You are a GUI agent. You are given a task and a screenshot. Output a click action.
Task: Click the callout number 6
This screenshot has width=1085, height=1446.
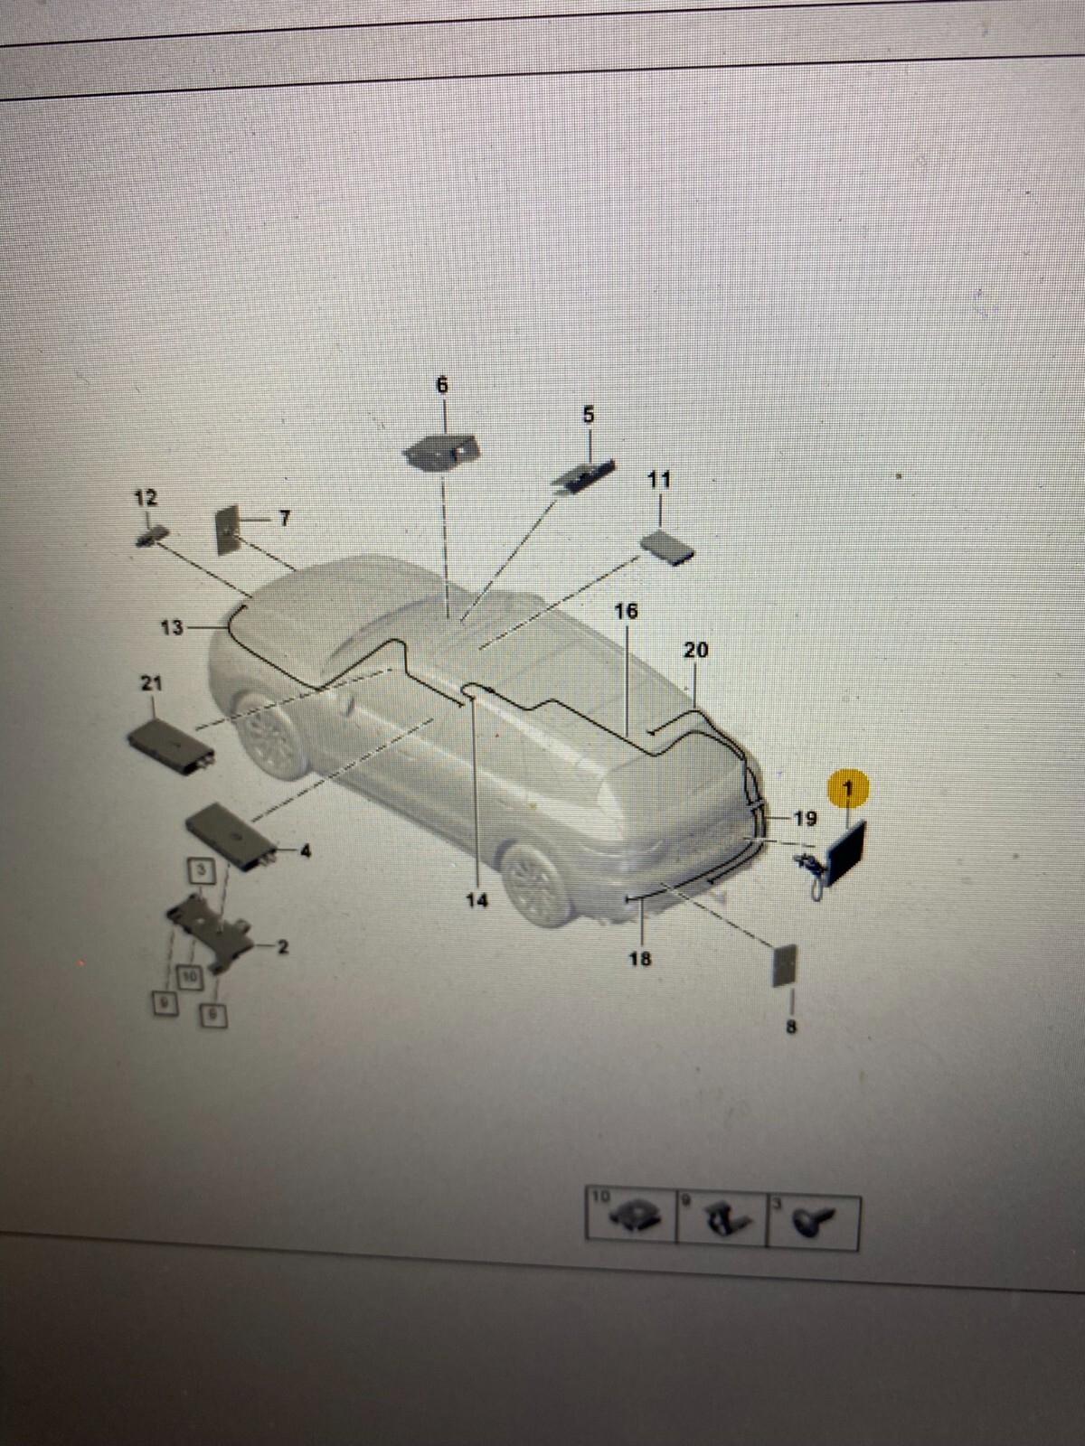pyautogui.click(x=442, y=386)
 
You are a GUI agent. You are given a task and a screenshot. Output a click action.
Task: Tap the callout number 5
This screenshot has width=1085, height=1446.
pyautogui.click(x=589, y=415)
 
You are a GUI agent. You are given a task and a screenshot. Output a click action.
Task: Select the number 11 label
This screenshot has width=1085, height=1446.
pyautogui.click(x=660, y=480)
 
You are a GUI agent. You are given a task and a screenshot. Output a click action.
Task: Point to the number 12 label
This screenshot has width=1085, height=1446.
pyautogui.click(x=146, y=498)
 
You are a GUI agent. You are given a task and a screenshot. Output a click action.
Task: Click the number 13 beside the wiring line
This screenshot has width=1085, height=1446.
pyautogui.click(x=172, y=627)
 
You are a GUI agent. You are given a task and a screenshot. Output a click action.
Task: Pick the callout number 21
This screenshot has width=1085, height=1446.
pyautogui.click(x=151, y=683)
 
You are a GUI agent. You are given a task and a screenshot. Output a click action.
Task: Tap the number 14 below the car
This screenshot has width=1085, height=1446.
pyautogui.click(x=477, y=900)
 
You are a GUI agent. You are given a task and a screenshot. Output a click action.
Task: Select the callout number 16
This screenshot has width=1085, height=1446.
pyautogui.click(x=626, y=612)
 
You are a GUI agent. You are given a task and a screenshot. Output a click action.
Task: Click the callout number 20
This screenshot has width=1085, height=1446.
pyautogui.click(x=696, y=650)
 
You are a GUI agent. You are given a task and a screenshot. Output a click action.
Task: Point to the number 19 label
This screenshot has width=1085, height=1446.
pyautogui.click(x=805, y=819)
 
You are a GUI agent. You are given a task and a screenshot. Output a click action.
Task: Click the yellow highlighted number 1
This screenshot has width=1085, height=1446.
pyautogui.click(x=847, y=789)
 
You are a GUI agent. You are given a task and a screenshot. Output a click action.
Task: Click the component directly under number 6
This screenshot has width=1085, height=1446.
pyautogui.click(x=441, y=450)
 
